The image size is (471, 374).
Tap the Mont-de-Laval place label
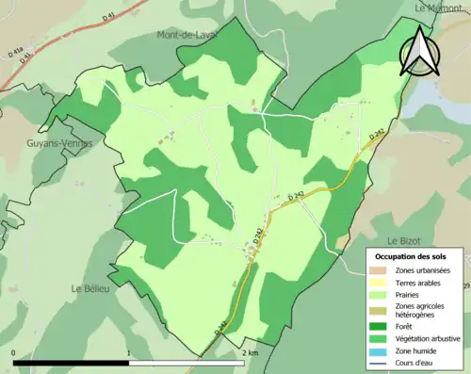pyautogui.click(x=186, y=35)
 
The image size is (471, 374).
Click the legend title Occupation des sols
pyautogui.click(x=411, y=256)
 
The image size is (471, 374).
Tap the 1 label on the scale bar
pyautogui.click(x=129, y=353)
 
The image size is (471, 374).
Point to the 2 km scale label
pyautogui.click(x=250, y=353)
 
